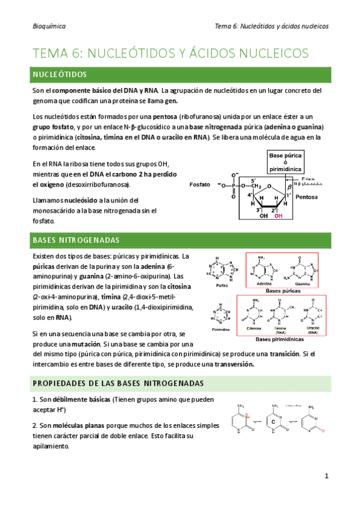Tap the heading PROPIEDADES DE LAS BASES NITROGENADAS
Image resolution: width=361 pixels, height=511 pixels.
coord(118,383)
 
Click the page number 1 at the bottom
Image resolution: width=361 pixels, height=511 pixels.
coord(326,476)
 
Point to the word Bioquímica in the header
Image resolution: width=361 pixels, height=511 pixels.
coord(49,27)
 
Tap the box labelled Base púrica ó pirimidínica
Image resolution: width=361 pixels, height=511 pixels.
coord(285,162)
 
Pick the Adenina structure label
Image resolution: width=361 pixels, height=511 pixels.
coord(264,284)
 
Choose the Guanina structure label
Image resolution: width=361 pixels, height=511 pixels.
coord(303,284)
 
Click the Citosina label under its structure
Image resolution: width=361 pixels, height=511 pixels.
coord(254,329)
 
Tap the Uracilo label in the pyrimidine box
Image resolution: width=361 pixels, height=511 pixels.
coord(312,327)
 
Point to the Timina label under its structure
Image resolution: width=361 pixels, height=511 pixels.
coord(281,329)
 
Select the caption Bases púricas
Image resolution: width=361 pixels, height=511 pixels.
coord(282,291)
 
